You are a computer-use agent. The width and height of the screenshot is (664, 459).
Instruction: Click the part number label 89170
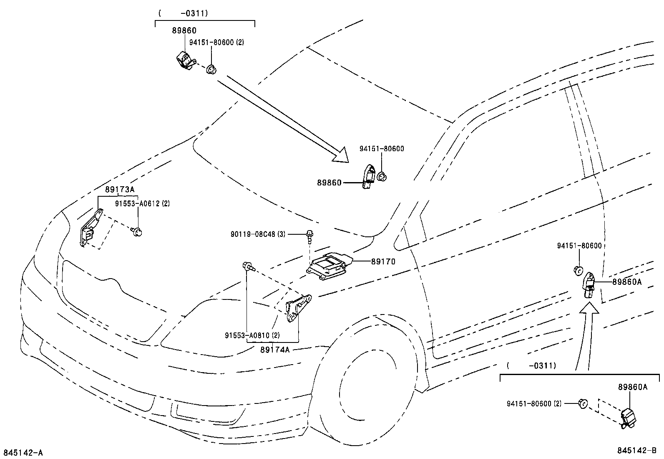[383, 261]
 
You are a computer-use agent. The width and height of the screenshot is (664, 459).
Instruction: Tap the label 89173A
[120, 190]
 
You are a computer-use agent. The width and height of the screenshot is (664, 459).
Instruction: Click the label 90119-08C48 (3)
[258, 235]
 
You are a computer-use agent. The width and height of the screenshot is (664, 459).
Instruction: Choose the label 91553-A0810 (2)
[252, 335]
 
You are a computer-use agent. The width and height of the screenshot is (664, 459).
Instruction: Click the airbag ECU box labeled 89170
[329, 266]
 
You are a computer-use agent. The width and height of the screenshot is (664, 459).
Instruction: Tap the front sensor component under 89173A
[90, 230]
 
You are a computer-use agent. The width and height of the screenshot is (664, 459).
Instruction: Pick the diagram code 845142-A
[23, 453]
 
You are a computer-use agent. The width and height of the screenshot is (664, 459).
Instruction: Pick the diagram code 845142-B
[637, 451]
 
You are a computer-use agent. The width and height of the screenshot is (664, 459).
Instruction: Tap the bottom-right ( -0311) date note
[531, 366]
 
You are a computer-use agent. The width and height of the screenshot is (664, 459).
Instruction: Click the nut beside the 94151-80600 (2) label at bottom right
[582, 403]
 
